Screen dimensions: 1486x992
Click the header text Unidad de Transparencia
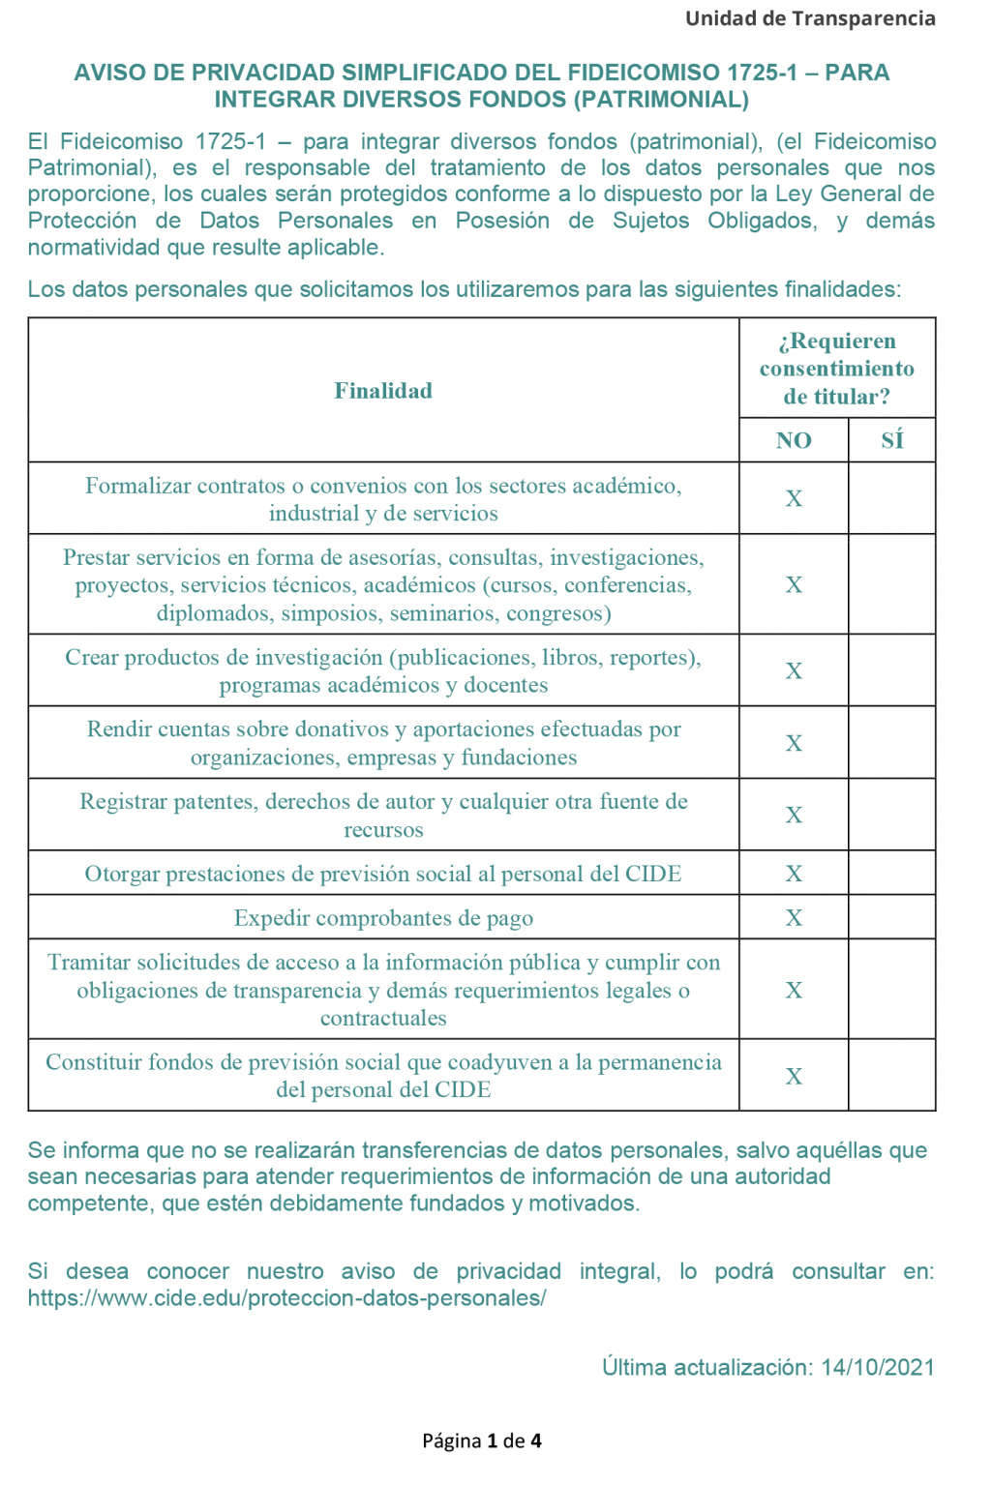[810, 18]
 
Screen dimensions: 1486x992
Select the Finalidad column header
[383, 391]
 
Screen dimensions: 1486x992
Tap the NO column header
[794, 440]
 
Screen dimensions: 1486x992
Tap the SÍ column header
[891, 440]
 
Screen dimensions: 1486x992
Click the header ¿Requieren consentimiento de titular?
[837, 369]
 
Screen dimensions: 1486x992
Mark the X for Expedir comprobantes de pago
[794, 917]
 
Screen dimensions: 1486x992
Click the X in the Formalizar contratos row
[794, 498]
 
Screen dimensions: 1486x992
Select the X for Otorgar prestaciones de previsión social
[794, 874]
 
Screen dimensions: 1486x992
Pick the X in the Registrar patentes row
[794, 815]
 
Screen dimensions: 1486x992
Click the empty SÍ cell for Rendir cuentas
[891, 743]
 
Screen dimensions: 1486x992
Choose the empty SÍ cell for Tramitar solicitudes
[891, 990]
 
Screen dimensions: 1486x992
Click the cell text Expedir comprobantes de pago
[383, 918]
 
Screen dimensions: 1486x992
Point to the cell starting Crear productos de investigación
[383, 671]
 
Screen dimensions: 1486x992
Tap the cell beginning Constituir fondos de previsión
[383, 1076]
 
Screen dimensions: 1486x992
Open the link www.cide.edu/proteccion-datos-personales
[286, 1298]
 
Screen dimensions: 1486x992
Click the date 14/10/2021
[878, 1367]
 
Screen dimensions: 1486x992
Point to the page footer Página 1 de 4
[482, 1441]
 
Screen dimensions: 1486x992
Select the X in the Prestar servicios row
[794, 584]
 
